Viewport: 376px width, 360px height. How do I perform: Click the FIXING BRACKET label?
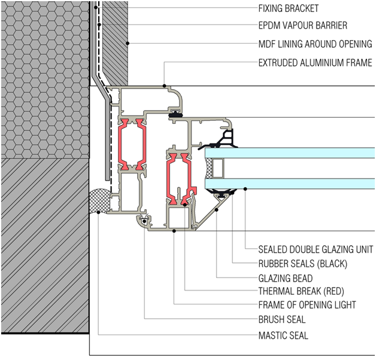click(288, 8)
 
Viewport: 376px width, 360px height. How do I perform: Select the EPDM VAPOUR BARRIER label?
click(302, 26)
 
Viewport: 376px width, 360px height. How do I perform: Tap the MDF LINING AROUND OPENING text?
click(315, 44)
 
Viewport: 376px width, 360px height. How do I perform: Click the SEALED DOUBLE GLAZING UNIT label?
click(316, 249)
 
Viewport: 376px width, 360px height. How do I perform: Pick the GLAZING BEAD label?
click(285, 278)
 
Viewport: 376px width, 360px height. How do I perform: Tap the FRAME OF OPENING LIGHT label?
click(307, 306)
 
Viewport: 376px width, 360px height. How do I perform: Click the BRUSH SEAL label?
click(281, 320)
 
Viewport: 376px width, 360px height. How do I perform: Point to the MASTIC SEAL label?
click(283, 335)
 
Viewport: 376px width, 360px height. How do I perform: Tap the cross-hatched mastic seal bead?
click(100, 201)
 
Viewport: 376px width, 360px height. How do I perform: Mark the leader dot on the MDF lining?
click(128, 44)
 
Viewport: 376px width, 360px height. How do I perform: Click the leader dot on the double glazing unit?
click(246, 190)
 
